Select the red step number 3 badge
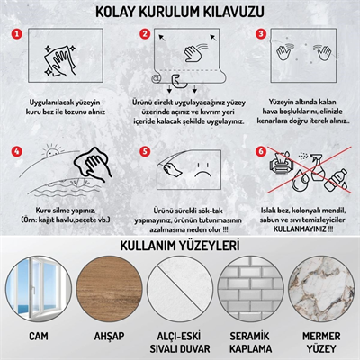pyautogui.click(x=262, y=34)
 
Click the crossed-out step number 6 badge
pyautogui.click(x=262, y=152)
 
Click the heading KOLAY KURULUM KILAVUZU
pyautogui.click(x=180, y=12)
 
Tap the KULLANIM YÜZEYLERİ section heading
pyautogui.click(x=180, y=246)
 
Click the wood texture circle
pyautogui.click(x=110, y=290)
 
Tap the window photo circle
pyautogui.click(x=39, y=290)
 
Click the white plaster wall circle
pyautogui.click(x=180, y=290)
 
